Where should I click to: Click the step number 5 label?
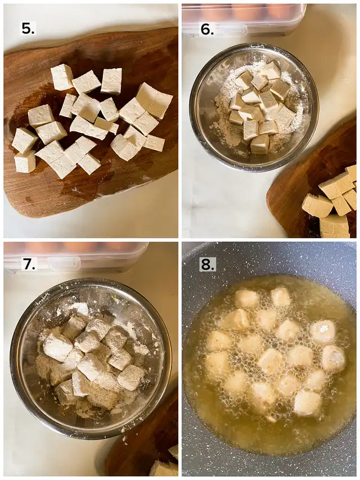[x=28, y=29]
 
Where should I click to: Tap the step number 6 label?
[x=207, y=29]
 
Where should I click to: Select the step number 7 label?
[x=29, y=264]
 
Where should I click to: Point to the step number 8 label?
[x=207, y=264]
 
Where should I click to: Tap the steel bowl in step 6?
[x=254, y=107]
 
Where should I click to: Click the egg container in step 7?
[x=76, y=257]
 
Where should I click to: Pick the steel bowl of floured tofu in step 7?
[x=91, y=358]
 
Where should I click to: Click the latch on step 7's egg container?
[x=64, y=263]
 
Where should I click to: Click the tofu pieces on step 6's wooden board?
[x=332, y=201]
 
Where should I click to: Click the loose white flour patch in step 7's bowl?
[x=76, y=309]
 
